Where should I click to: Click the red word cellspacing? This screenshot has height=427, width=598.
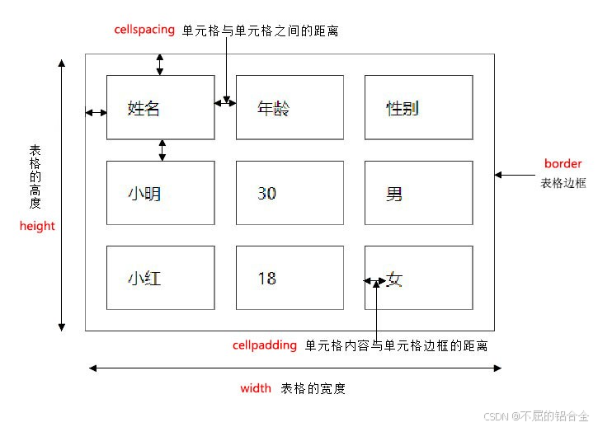(144, 29)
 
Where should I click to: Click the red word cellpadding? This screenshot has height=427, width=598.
(265, 345)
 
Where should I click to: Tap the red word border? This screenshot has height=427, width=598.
(563, 163)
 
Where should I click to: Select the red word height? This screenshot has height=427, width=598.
(37, 226)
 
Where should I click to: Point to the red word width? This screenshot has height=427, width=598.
(255, 388)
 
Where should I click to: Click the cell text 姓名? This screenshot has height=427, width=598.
(144, 108)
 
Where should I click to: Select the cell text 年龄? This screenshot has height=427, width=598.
(273, 108)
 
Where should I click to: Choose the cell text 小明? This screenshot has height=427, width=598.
(144, 194)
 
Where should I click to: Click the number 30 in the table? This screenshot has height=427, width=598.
(266, 194)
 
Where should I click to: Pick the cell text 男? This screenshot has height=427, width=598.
(394, 195)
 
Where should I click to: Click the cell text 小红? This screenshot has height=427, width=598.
(144, 279)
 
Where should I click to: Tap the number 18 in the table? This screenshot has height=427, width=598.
(266, 279)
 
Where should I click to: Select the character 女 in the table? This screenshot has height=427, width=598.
(394, 279)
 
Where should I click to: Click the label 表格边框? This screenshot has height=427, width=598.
(563, 183)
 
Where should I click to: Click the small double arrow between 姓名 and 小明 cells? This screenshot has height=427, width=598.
(162, 150)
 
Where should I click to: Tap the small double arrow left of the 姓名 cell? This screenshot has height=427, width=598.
(96, 112)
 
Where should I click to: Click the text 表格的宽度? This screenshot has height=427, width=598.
(313, 388)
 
